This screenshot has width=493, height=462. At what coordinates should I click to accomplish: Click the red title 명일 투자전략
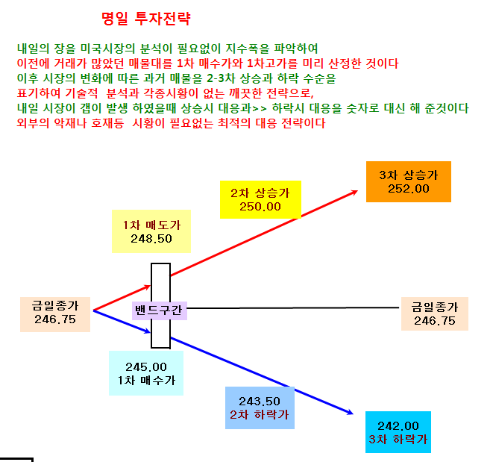click(146, 18)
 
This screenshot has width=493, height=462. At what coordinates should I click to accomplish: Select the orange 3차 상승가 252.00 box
click(409, 181)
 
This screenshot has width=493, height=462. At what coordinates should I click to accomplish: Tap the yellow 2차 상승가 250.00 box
click(260, 199)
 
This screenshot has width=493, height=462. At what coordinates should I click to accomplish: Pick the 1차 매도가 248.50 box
click(151, 231)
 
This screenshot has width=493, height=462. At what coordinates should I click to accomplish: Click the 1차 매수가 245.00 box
click(146, 373)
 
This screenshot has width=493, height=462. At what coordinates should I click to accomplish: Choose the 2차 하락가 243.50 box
click(260, 408)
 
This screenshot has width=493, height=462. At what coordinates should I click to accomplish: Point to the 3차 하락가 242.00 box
click(398, 432)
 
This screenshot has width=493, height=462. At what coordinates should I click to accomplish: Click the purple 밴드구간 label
click(159, 310)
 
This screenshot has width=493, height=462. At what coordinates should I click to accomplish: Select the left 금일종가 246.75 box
click(55, 314)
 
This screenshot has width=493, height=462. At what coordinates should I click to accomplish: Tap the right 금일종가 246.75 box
click(435, 313)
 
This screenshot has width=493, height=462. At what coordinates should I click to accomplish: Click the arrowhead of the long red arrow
click(355, 192)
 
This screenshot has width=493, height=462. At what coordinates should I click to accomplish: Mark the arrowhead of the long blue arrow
click(351, 412)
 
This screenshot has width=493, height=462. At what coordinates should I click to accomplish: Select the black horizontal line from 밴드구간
click(293, 308)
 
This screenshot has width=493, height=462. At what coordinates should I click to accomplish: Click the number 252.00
click(409, 189)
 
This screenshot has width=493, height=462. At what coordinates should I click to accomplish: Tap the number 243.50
click(260, 402)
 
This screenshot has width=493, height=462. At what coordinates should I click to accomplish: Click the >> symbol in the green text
click(260, 108)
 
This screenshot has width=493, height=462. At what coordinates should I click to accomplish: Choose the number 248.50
click(151, 239)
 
